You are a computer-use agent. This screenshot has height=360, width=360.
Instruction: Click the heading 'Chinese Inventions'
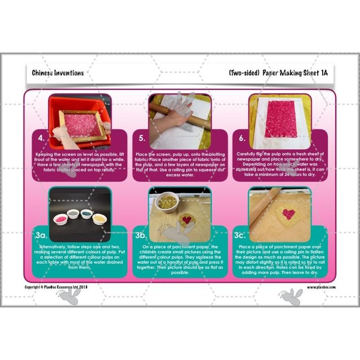[58, 73]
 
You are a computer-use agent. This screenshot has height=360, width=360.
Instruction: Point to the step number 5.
[142, 138]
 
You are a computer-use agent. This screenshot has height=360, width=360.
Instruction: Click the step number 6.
[242, 138]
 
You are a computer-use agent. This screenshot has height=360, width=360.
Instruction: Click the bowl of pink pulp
[60, 219]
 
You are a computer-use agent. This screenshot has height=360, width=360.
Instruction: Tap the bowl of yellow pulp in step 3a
[99, 218]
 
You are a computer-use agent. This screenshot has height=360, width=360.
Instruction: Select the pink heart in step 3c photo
[288, 214]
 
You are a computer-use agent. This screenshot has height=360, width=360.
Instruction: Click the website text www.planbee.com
[321, 287]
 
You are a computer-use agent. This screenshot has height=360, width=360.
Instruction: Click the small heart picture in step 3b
[185, 220]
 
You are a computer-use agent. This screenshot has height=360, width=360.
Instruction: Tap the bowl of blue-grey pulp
[86, 214]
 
